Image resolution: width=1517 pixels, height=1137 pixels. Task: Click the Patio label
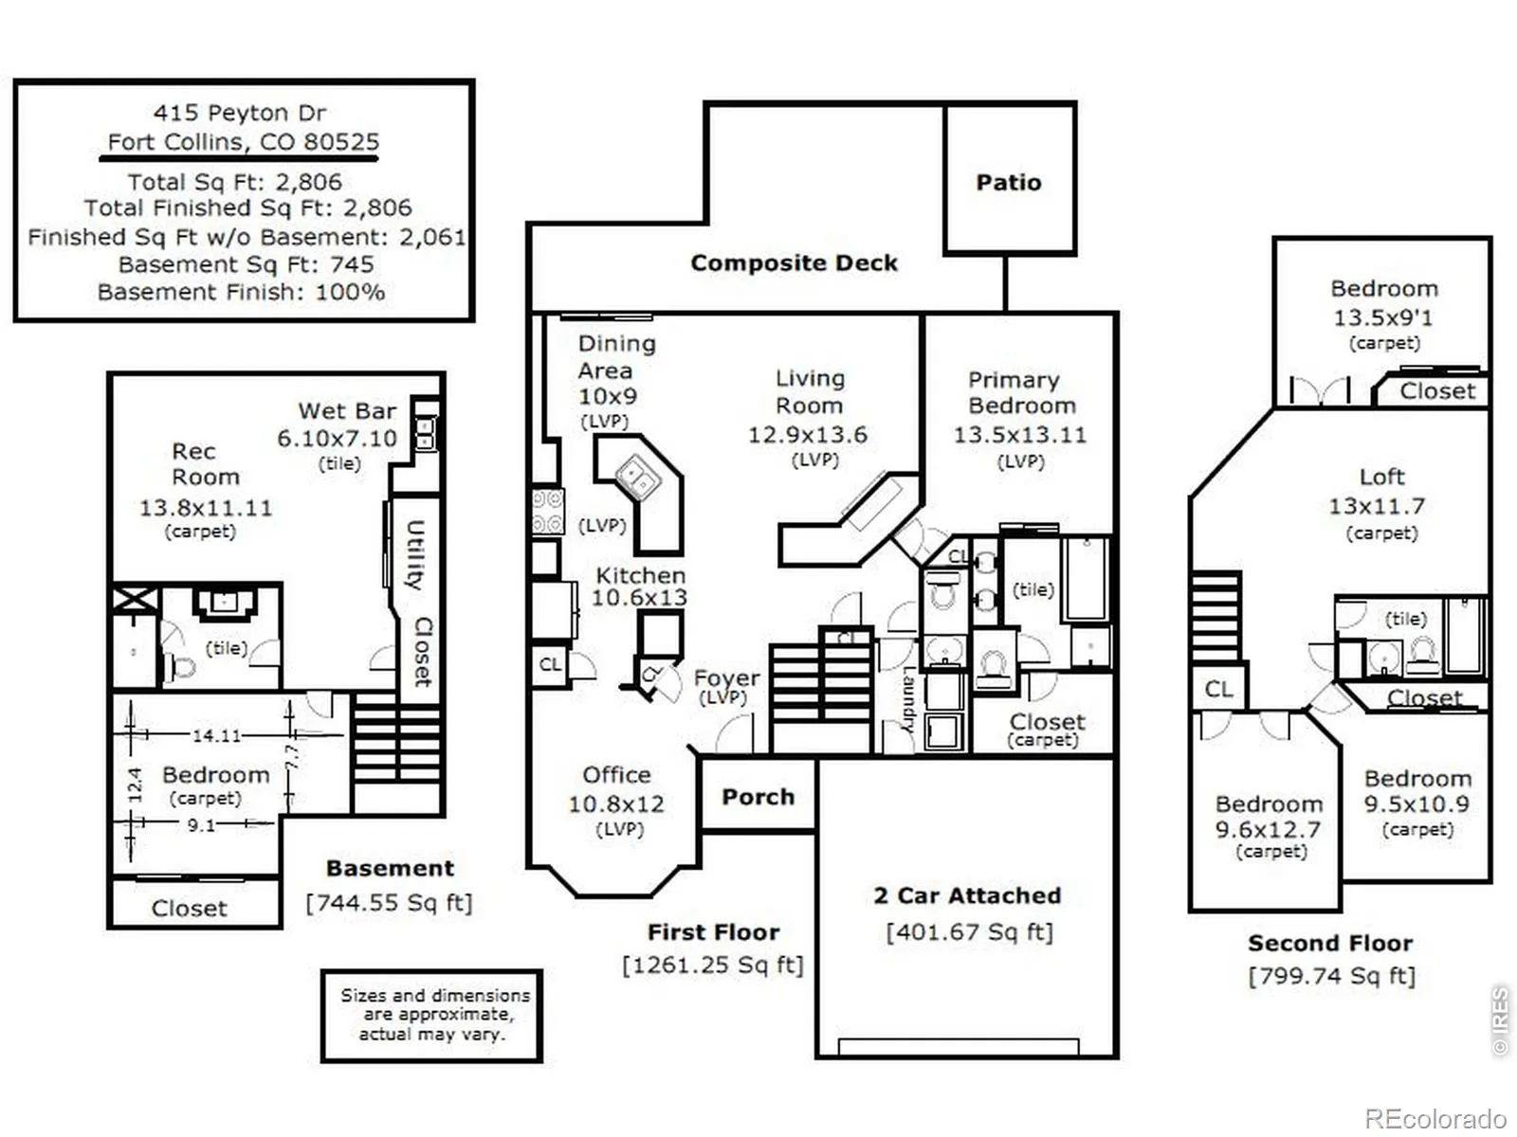pos(1009,182)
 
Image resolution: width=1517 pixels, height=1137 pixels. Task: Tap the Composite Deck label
pos(795,263)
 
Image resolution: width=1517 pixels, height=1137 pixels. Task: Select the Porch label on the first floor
pos(758,797)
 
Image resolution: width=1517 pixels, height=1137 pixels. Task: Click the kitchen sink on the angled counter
pos(639,476)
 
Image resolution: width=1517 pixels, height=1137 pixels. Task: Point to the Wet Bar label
pos(347,411)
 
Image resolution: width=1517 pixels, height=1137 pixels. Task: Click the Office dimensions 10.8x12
pos(615,803)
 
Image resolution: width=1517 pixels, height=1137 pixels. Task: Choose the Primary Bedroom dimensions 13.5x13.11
pos(1020,435)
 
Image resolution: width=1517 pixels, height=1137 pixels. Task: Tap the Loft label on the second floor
pos(1381,477)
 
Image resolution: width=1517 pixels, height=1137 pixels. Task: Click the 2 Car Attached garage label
pos(967,895)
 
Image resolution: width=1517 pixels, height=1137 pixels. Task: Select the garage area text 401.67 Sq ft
pos(970,932)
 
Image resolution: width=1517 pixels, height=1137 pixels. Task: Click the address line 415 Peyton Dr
pos(239,113)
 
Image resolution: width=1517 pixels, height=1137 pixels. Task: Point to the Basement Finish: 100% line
pos(241,292)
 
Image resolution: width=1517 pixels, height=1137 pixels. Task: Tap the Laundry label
pos(909,698)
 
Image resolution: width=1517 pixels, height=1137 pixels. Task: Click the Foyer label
pos(726,677)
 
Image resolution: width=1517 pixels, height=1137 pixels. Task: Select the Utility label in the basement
pos(414,555)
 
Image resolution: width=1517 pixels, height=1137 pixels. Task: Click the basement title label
pos(390,868)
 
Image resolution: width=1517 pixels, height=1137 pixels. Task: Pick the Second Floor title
pos(1330,943)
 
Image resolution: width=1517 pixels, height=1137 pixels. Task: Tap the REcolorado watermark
pos(1436,1118)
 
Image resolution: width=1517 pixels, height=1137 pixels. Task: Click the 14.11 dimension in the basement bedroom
pos(216,735)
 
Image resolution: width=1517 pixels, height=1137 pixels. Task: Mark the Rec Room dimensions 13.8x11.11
pos(206,508)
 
